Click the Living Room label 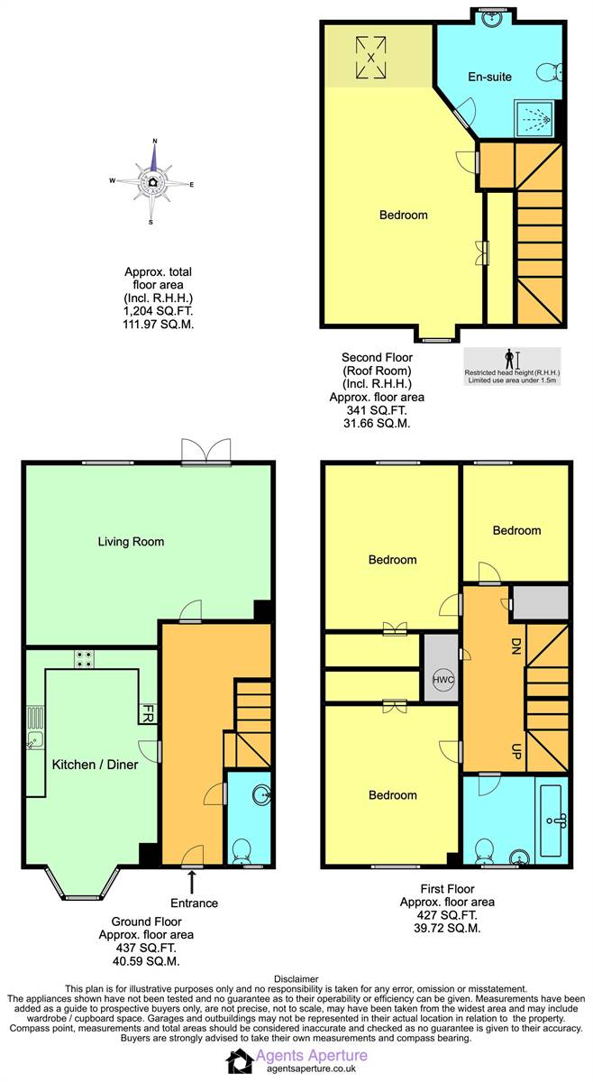click(x=131, y=542)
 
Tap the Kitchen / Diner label click(x=96, y=765)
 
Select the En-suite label click(x=489, y=77)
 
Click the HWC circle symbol click(x=442, y=680)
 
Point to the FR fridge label click(x=147, y=713)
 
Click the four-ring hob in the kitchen click(x=84, y=659)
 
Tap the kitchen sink click(x=34, y=740)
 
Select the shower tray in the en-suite click(x=534, y=118)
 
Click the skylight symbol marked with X click(x=371, y=58)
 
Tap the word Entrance click(x=194, y=903)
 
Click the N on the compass click(x=155, y=142)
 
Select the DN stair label click(x=515, y=646)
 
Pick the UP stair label click(x=515, y=751)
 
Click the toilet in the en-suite click(x=550, y=73)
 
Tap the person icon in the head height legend click(x=509, y=360)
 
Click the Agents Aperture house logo click(x=240, y=1060)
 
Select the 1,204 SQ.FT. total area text click(x=159, y=311)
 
